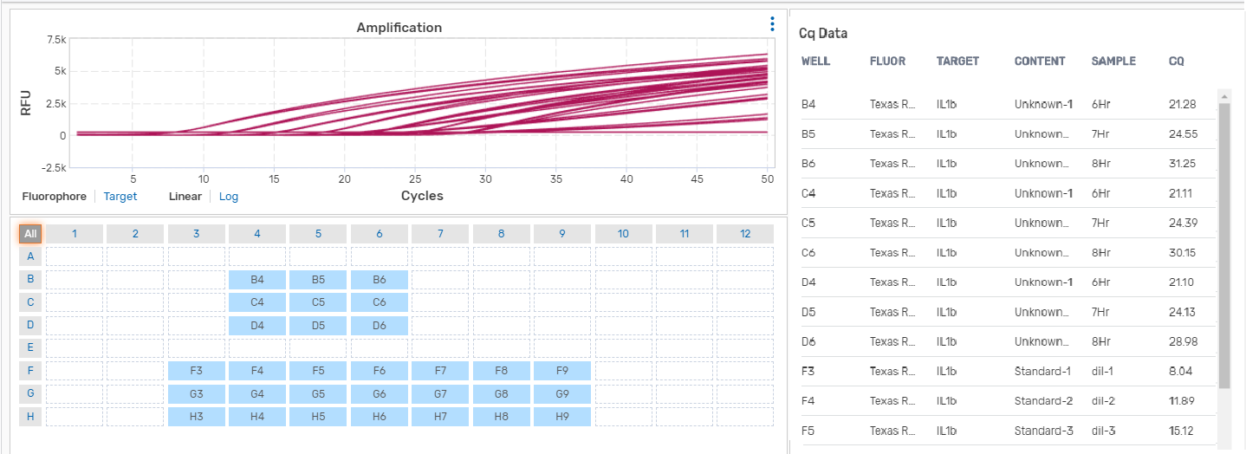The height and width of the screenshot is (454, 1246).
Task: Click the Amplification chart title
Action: (x=399, y=28)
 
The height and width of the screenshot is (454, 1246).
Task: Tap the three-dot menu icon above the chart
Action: (x=772, y=24)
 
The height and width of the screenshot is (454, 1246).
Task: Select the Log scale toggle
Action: (x=229, y=197)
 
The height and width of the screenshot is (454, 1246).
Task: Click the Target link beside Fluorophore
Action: (x=120, y=197)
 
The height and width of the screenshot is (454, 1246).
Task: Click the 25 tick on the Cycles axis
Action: (x=415, y=178)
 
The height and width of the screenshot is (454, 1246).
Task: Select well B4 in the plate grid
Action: (x=257, y=279)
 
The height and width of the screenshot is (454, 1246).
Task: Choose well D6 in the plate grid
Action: (x=380, y=325)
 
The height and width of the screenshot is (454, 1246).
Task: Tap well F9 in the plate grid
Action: (x=562, y=371)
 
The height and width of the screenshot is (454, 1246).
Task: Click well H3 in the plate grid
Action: (x=197, y=417)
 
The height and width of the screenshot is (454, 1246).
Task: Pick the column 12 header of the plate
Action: (x=745, y=234)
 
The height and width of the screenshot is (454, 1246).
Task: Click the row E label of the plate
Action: (x=30, y=348)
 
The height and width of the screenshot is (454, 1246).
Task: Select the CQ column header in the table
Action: (x=1176, y=62)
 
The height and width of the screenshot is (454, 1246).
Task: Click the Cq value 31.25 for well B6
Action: (x=1182, y=164)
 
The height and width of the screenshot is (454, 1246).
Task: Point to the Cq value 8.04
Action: (x=1181, y=371)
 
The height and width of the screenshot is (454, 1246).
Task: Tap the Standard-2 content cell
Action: (x=1043, y=400)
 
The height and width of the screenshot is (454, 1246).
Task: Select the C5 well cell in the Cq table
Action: (x=808, y=223)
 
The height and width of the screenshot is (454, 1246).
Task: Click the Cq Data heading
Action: (x=823, y=33)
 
